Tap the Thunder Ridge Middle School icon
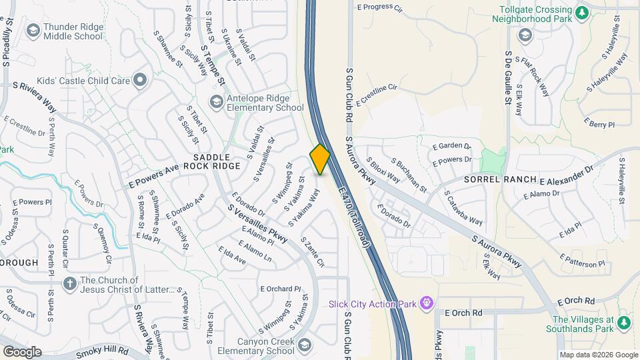pos(33,31)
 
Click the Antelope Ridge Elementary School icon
pos(216,102)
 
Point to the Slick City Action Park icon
pos(428,305)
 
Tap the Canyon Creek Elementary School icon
pos(305,344)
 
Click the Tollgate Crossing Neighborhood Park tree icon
pos(582,11)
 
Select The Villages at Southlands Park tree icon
pos(624,323)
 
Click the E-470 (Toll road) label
pos(354,217)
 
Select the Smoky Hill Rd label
pos(100,352)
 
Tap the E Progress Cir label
pos(380,8)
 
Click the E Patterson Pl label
pos(583,260)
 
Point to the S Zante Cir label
pos(312,252)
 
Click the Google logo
pos(22,352)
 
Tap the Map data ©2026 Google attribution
pos(598,355)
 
